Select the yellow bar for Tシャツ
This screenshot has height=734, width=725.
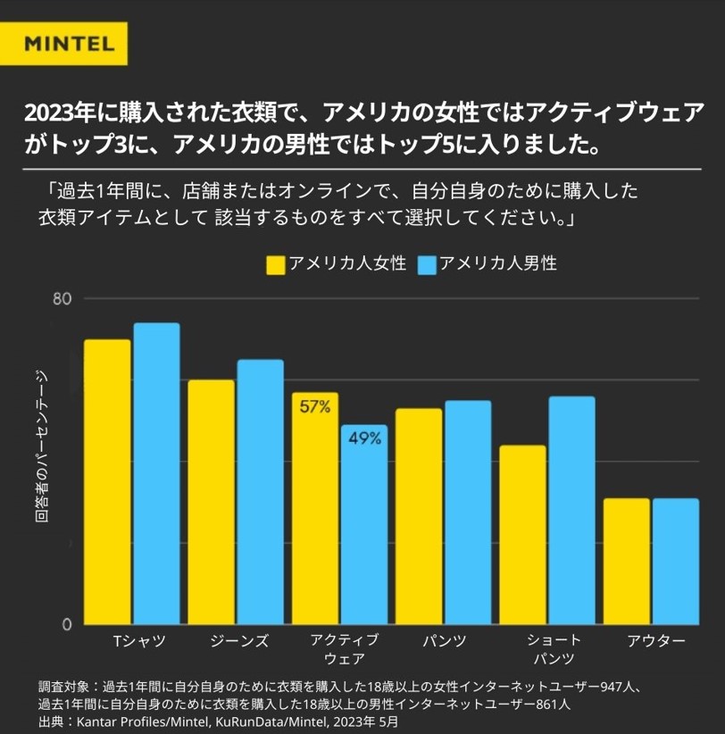(x=107, y=482)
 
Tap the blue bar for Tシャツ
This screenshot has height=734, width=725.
(x=156, y=473)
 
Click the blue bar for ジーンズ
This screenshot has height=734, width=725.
(x=260, y=492)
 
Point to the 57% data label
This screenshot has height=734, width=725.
(x=314, y=407)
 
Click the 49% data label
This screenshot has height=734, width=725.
(x=364, y=438)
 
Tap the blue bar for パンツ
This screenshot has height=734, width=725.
(x=468, y=513)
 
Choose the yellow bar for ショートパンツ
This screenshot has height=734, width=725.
(x=522, y=535)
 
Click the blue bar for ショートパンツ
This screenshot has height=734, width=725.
(x=571, y=510)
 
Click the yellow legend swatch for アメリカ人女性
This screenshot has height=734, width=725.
(x=276, y=265)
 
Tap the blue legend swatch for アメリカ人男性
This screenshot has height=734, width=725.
(x=426, y=265)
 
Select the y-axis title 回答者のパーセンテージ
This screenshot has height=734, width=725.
(x=41, y=455)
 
